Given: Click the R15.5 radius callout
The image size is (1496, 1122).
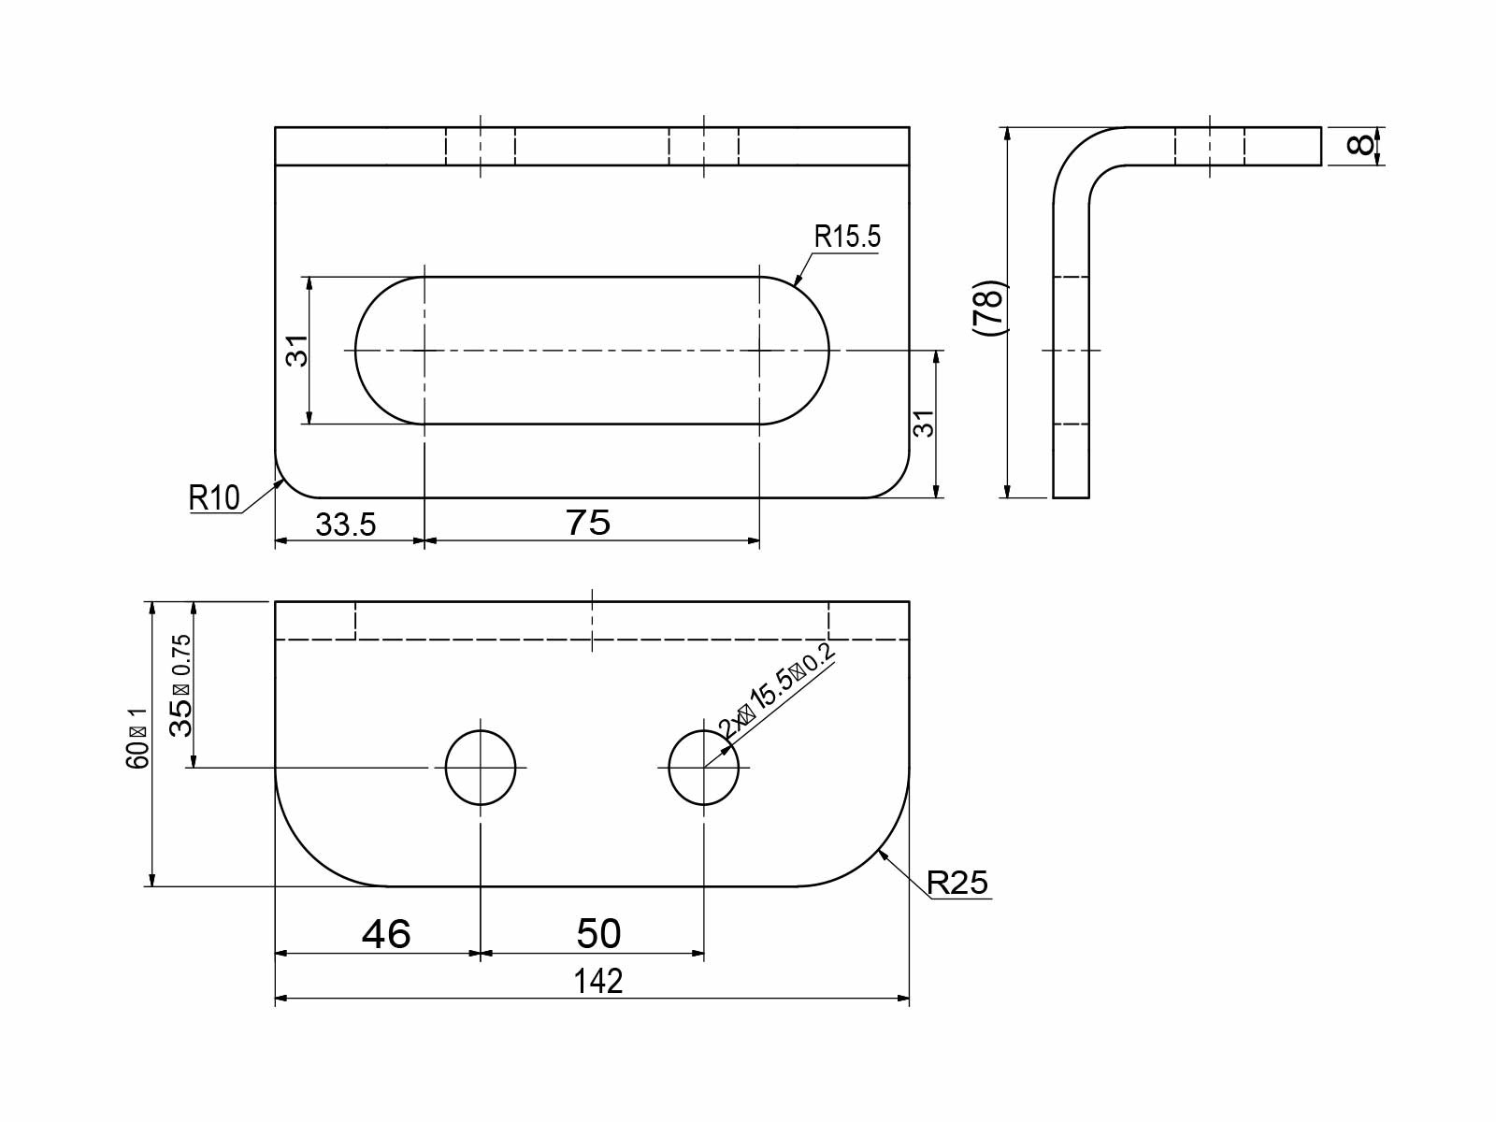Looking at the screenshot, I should click(x=847, y=237).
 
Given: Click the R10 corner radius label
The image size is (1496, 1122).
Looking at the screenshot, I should click(x=214, y=497).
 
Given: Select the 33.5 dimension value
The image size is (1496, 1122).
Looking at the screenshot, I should click(x=345, y=525).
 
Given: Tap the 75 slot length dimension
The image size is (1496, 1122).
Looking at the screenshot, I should click(x=588, y=523).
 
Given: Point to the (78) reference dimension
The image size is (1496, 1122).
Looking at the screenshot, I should click(x=988, y=308).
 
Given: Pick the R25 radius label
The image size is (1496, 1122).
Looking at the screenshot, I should click(x=957, y=882).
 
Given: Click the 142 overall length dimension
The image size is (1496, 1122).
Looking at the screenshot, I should click(x=597, y=981).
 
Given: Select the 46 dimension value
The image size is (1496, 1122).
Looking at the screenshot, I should click(x=386, y=933).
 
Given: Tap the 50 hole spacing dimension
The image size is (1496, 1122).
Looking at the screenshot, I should click(x=598, y=933).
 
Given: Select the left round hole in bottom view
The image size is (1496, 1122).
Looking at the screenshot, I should click(x=481, y=768).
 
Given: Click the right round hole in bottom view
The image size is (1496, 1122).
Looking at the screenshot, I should click(x=704, y=768).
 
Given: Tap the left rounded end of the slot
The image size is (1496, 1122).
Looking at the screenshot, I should click(x=383, y=351).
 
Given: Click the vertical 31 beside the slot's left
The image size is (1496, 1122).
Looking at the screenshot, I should click(x=296, y=351).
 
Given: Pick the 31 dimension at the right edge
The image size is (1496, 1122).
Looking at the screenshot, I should click(x=924, y=424).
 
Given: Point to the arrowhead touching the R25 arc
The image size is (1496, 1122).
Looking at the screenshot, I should click(x=882, y=853).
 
